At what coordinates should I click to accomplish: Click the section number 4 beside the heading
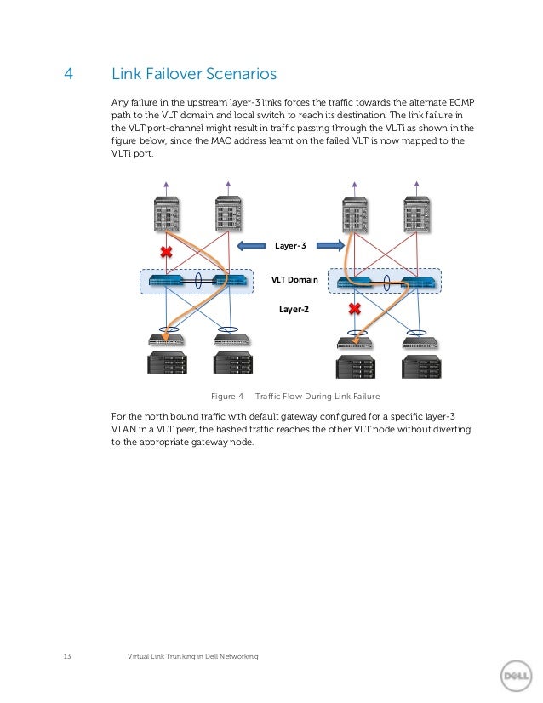68,74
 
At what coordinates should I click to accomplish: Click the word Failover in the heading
170,74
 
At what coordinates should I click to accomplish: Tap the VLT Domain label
294,279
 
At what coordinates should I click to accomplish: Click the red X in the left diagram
167,252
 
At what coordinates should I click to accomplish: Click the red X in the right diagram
355,309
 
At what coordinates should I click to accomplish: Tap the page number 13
67,656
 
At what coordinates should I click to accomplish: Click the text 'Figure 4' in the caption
227,397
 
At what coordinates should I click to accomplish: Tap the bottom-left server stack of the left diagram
167,363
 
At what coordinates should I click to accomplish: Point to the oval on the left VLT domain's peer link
200,280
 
